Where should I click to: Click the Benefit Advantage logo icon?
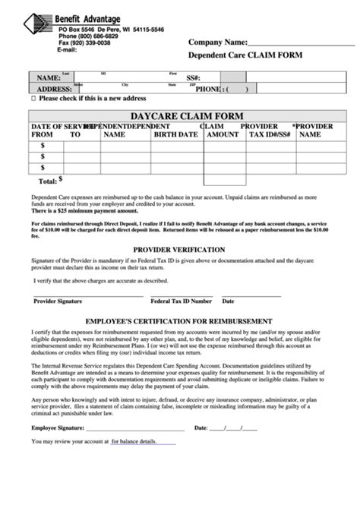click(38, 30)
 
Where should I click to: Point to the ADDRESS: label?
click(54, 89)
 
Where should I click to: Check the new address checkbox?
click(33, 99)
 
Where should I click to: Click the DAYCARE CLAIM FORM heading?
click(186, 115)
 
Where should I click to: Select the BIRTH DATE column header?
click(175, 134)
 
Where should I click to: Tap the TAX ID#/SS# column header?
click(270, 134)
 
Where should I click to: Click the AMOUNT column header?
click(223, 134)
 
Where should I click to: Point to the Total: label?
click(47, 181)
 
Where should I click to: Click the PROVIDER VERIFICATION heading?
click(179, 249)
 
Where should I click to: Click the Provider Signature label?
click(58, 301)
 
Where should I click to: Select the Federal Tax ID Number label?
click(181, 301)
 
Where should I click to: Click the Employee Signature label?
click(60, 428)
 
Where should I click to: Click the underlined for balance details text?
click(134, 441)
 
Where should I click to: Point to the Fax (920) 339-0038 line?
click(84, 43)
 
